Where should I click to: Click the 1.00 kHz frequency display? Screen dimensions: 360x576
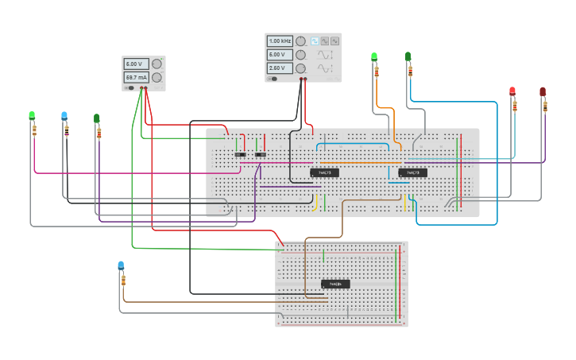pos(280,41)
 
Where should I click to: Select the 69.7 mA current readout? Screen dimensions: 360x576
pos(135,78)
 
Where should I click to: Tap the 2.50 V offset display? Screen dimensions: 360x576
pos(280,68)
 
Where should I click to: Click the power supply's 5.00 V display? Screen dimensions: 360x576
pos(135,64)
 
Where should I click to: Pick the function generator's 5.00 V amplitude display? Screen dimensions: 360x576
pos(280,55)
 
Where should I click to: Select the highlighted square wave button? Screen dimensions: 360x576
pos(314,41)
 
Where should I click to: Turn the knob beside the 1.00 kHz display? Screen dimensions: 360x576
pos(300,41)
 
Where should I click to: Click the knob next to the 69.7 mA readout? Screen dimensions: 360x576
pos(157,78)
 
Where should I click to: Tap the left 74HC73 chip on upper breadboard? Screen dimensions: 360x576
pos(324,172)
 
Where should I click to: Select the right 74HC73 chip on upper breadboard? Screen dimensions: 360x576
pos(412,172)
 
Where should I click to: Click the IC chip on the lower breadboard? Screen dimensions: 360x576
pos(335,284)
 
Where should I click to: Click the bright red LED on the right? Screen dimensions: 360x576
pos(512,91)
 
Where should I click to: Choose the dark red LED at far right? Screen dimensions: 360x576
pos(543,92)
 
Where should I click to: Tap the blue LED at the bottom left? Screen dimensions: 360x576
pos(121,265)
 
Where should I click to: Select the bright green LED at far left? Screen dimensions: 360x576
pos(32,115)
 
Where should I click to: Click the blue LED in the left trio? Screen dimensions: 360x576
pos(64,115)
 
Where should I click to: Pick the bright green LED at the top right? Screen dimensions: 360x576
pos(374,56)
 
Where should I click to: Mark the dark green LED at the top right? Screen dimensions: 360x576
pos(408,56)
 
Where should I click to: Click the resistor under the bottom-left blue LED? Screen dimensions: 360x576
pos(123,281)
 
